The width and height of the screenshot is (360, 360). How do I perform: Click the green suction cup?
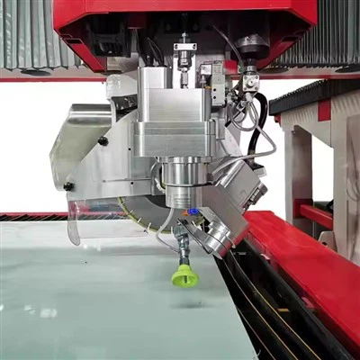[x=184, y=275]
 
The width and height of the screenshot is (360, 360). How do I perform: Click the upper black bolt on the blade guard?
[x=103, y=141]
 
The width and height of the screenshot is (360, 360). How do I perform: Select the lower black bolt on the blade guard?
[x=68, y=186]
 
